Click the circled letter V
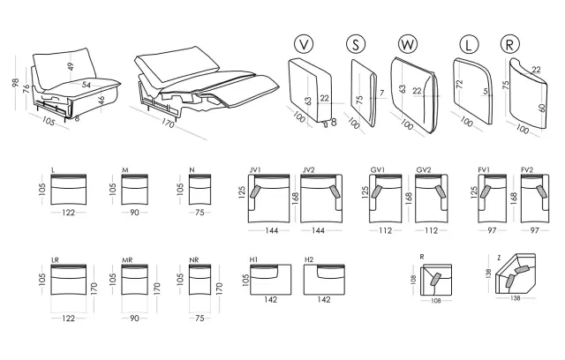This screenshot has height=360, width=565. [x=304, y=44]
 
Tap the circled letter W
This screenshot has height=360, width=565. [x=408, y=44]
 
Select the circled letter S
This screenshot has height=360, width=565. [x=355, y=44]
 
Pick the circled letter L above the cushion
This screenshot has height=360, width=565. [x=469, y=45]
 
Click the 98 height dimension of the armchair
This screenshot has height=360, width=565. [x=16, y=83]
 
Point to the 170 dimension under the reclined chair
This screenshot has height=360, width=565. [x=168, y=123]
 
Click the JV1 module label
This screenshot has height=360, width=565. [x=255, y=170]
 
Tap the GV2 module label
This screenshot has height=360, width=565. [x=424, y=170]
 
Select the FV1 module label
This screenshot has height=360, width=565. [x=484, y=170]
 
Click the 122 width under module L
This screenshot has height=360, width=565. [x=68, y=213]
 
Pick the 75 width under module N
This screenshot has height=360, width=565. [x=200, y=213]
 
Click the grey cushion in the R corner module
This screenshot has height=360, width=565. [x=435, y=280]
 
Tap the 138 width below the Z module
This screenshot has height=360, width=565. [x=516, y=298]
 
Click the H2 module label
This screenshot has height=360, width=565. [x=309, y=259]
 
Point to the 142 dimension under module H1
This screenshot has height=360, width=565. [x=270, y=299]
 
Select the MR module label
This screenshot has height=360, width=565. [x=127, y=260]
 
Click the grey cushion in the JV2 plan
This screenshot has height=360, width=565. [x=334, y=191]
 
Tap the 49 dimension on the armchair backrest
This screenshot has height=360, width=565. [x=71, y=66]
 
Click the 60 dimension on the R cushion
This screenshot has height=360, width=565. [x=543, y=108]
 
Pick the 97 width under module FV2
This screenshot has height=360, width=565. [x=534, y=230]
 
